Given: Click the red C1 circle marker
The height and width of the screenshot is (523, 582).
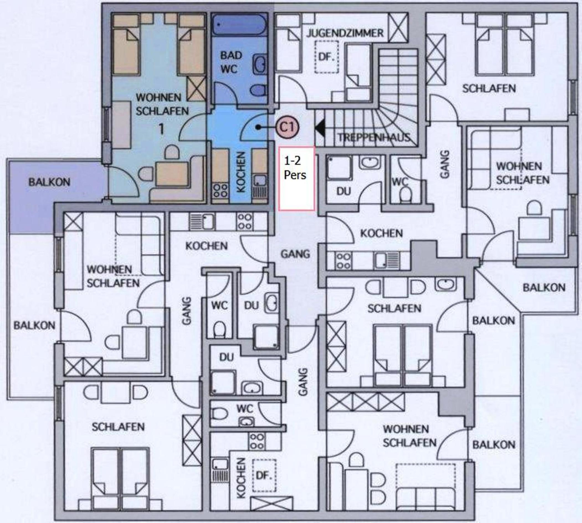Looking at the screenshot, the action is tap(288, 127).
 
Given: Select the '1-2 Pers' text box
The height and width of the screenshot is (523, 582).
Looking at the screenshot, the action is tap(297, 178).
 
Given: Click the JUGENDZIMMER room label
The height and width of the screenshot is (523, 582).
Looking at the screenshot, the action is tap(345, 33).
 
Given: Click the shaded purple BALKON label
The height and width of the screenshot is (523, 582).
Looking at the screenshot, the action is tap(49, 182).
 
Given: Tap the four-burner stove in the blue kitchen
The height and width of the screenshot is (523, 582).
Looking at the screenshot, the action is tap(220, 191).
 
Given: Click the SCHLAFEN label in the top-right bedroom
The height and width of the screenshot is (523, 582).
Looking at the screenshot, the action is tap(489, 88).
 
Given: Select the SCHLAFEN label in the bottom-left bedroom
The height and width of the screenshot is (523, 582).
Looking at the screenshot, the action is tap(118, 427).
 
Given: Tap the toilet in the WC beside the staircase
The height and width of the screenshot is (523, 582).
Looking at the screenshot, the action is tap(406, 194).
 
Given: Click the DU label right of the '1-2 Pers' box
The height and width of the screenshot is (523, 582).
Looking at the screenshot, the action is tap(344, 192).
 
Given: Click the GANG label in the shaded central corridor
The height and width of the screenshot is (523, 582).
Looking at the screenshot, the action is tap(295, 254).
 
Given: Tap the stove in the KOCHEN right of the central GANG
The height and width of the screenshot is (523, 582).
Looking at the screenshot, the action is tap(343, 261).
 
